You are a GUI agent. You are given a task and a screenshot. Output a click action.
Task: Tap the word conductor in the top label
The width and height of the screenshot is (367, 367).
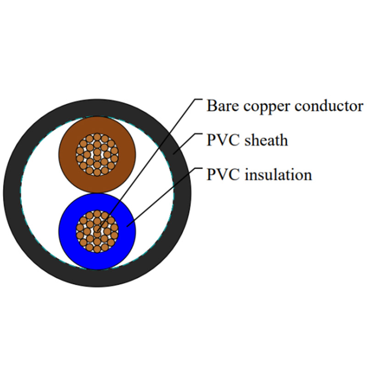pyautogui.click(x=328, y=106)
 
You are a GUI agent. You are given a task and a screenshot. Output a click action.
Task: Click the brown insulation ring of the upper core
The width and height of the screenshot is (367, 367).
pyautogui.click(x=69, y=154)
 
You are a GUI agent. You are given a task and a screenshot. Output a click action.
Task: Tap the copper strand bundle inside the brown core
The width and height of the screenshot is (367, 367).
pyautogui.click(x=97, y=154)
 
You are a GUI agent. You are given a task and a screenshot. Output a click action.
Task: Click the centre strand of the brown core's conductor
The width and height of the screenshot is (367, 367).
pyautogui.click(x=97, y=154)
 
